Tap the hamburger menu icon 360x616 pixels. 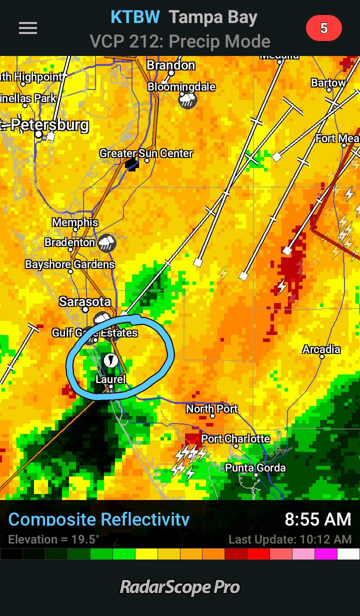coord(28,28)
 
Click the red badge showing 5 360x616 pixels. coord(323,28)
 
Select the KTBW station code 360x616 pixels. coord(135,17)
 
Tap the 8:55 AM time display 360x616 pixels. coord(318,519)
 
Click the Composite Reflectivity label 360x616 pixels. coord(99,519)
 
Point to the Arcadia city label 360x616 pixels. coord(321,349)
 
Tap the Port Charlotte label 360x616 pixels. coord(235,439)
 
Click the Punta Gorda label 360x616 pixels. coord(255,468)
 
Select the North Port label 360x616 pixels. coord(212,408)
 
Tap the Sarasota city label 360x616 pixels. coord(85,301)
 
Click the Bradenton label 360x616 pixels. coord(70,242)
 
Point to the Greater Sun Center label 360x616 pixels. coord(146,153)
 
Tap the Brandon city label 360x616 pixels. coord(171,65)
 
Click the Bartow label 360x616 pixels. coord(328,83)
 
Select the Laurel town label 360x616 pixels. coord(110,379)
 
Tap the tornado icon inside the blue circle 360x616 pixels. coord(110,359)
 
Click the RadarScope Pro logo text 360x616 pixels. coord(180,587)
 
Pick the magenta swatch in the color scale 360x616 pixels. coord(326,554)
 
